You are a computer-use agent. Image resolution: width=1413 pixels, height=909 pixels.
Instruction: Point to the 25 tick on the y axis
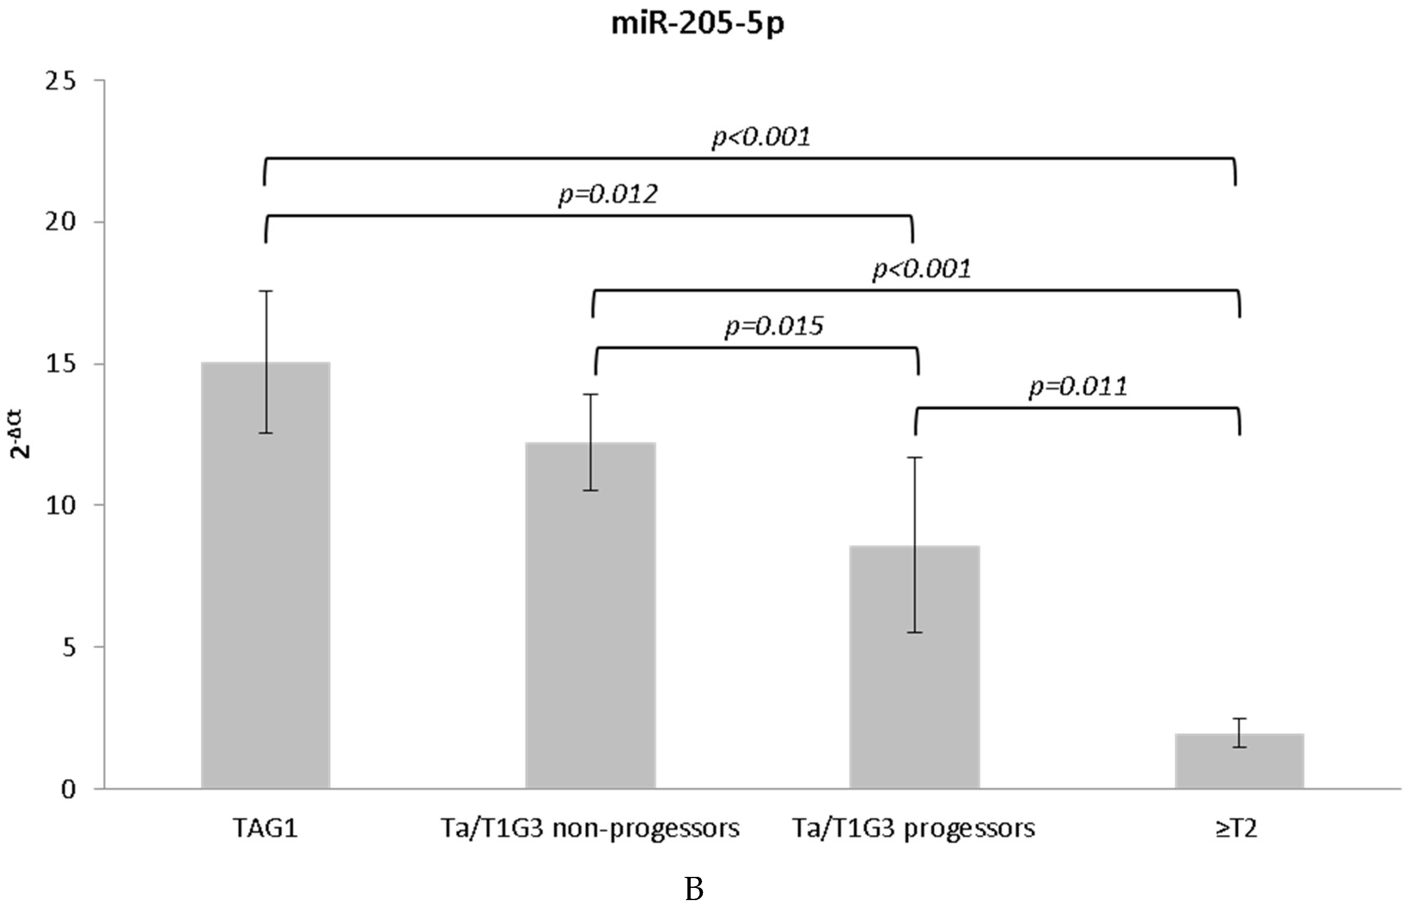click(x=61, y=81)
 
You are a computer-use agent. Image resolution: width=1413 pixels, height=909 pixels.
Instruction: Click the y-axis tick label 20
click(x=61, y=223)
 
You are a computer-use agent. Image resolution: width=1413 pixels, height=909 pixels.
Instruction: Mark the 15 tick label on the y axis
click(x=61, y=364)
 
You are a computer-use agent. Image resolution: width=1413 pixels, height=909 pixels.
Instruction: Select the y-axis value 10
click(x=61, y=506)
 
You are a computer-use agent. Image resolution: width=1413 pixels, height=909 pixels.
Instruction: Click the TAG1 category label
click(x=265, y=829)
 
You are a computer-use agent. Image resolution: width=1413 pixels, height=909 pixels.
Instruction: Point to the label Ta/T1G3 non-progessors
click(x=590, y=829)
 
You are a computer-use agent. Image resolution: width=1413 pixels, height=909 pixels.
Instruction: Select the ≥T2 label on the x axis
click(x=1236, y=829)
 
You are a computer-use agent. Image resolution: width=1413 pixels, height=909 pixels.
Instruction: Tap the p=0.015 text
click(x=774, y=326)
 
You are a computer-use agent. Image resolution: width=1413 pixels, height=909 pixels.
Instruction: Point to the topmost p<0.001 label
click(x=761, y=137)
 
